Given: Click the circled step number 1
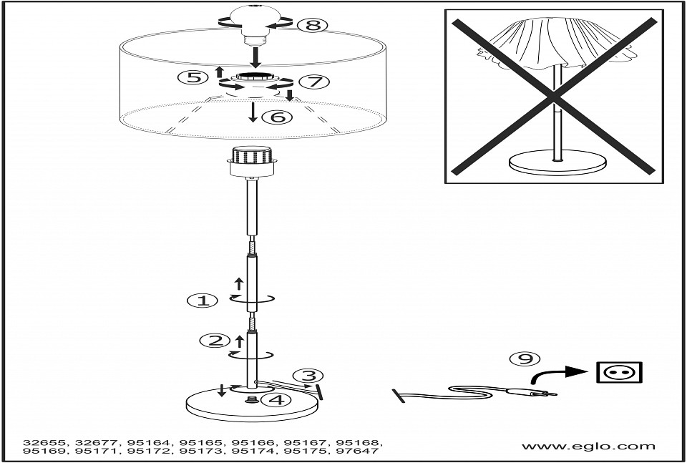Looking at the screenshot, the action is coord(202,301).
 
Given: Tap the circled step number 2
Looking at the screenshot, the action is coord(215,341).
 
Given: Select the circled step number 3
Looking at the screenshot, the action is coord(308,376).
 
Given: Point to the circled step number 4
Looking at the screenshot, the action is coord(276,399).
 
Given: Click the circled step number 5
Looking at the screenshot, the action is coord(193,77).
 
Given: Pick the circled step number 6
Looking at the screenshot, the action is coord(276,117).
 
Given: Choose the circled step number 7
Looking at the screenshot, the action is coord(313,82).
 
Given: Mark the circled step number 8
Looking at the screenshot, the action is coord(313,25).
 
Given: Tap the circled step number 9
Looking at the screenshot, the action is coord(525,359).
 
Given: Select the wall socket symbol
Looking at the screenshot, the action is coord(619,373).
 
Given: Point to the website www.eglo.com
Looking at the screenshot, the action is coord(588,447).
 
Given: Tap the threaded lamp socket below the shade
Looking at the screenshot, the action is coord(251,161).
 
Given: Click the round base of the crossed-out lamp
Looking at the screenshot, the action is coord(557,162).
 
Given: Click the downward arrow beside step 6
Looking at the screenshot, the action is coord(253,112).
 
